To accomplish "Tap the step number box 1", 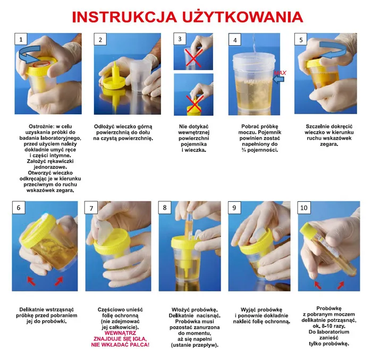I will (x=21, y=40).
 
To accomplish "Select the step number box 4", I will (x=235, y=40).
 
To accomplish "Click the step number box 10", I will (x=305, y=208).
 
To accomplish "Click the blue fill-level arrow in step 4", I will (x=278, y=79).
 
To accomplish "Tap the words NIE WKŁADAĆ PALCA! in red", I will (x=120, y=345).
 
